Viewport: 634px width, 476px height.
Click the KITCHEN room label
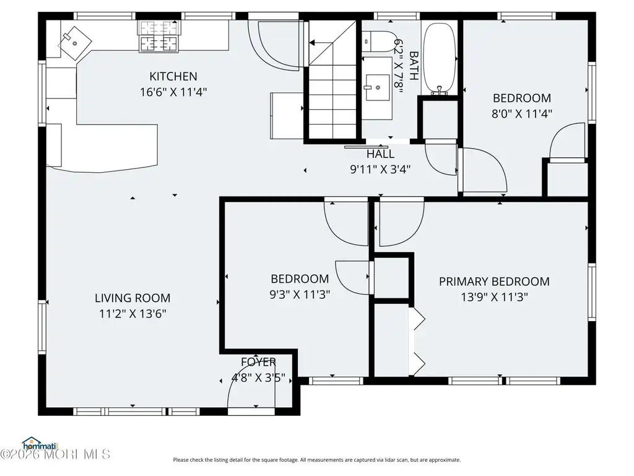pos(173,76)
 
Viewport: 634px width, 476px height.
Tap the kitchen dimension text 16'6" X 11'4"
pos(173,92)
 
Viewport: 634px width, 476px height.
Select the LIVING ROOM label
pos(132,298)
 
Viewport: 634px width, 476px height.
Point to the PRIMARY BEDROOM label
pos(494,281)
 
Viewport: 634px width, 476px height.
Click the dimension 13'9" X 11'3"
pos(494,297)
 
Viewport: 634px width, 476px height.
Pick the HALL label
pos(381,154)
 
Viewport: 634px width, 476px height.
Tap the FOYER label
pos(258,362)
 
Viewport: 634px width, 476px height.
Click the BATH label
pos(414,66)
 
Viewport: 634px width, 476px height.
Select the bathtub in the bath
pos(440,58)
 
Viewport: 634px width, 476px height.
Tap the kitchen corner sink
pos(75,43)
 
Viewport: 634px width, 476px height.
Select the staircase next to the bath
pos(332,79)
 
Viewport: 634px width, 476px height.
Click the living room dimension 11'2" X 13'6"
pos(132,314)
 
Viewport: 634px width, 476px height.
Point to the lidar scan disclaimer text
pos(317,460)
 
